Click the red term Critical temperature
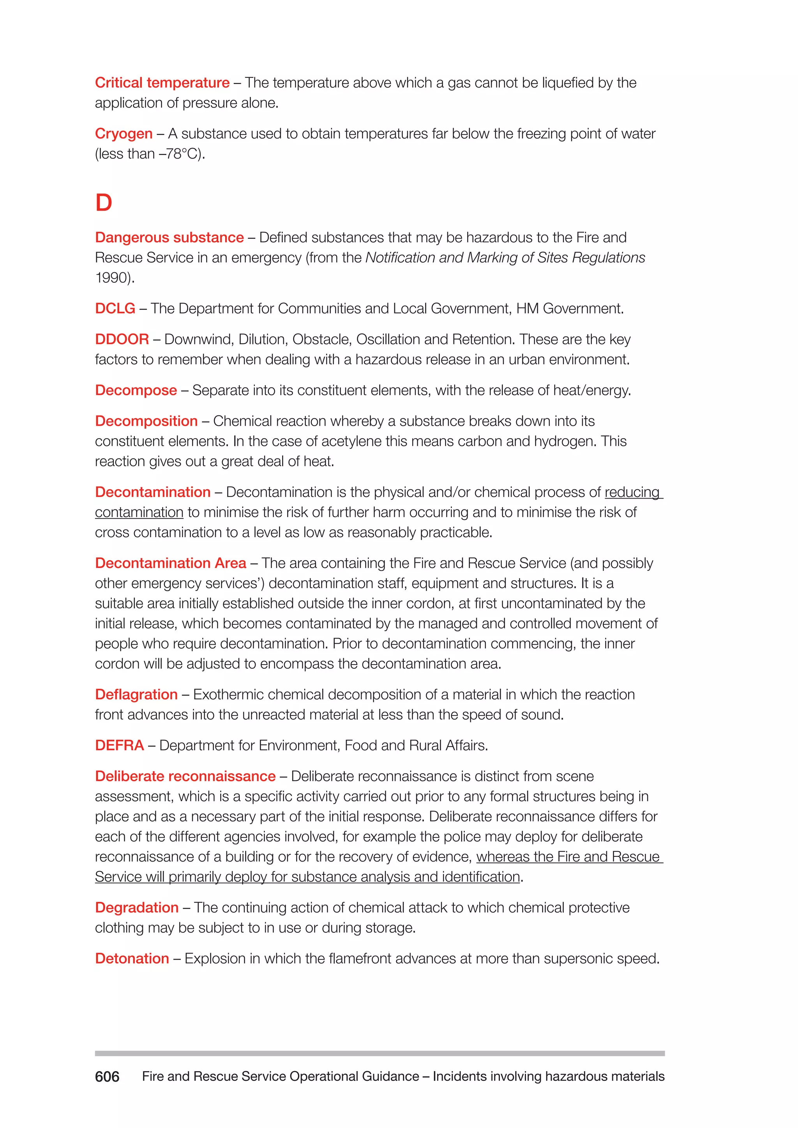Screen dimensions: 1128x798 162,83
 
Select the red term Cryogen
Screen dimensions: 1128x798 124,134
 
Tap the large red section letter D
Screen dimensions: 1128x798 104,203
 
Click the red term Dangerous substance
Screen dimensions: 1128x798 169,237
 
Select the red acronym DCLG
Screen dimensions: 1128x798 115,308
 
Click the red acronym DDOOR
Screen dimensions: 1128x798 122,340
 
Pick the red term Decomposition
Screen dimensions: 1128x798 146,421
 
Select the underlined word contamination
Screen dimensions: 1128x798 139,513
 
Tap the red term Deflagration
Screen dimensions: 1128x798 136,695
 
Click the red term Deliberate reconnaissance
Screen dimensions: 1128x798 185,776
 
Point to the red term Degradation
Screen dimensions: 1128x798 137,908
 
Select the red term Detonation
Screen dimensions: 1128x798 132,959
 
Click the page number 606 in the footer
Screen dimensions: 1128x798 107,1077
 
